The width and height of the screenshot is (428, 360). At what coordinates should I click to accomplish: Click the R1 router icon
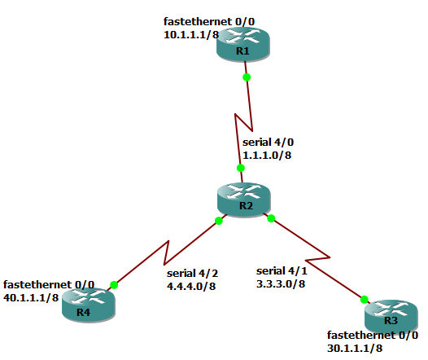[x=242, y=43]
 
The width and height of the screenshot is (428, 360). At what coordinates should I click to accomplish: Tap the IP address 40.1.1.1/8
[x=31, y=297]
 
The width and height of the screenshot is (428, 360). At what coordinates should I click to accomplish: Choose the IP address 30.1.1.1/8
[x=355, y=348]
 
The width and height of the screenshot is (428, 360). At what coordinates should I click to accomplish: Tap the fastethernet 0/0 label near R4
[x=49, y=285]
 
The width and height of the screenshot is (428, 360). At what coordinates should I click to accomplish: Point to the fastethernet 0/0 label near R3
[x=373, y=336]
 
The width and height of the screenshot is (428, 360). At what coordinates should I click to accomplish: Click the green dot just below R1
[x=247, y=77]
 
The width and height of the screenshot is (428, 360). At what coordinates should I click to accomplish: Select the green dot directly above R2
[x=241, y=168]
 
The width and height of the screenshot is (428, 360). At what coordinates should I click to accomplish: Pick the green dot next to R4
[x=114, y=284]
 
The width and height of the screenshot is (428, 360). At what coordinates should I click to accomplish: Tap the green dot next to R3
[x=364, y=299]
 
